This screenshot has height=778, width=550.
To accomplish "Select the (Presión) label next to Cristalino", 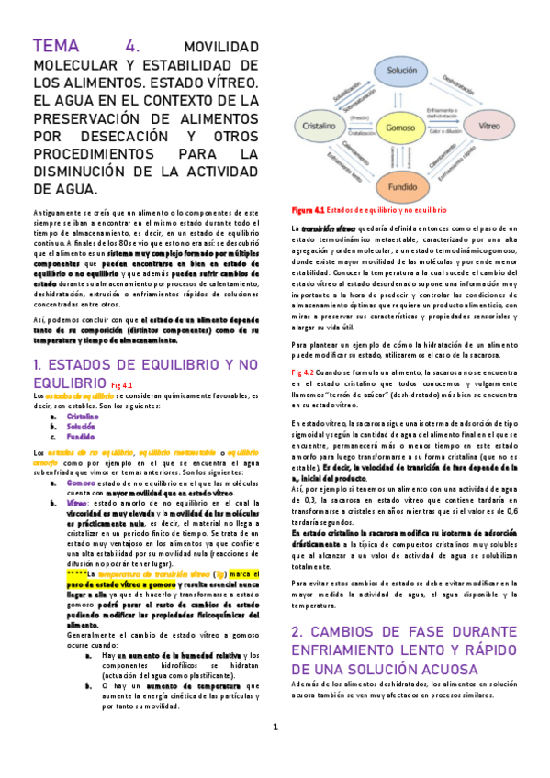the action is (359, 117).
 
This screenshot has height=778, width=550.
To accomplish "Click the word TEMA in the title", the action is (58, 47).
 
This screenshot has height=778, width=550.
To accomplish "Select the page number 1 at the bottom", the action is (275, 752).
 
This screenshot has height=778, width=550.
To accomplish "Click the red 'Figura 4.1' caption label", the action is (307, 210).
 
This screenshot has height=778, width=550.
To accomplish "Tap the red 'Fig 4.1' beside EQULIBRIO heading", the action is (123, 384).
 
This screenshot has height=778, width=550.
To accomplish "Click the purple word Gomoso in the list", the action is (81, 482).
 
